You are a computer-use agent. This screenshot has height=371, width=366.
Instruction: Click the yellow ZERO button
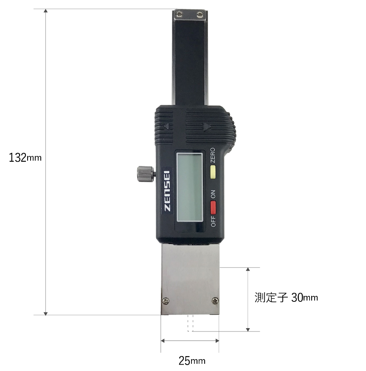click(x=213, y=172)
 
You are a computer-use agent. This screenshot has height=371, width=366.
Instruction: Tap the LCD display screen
click(x=190, y=187)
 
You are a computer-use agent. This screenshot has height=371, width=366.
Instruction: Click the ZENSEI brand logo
click(x=167, y=191)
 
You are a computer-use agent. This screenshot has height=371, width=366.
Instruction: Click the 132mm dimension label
click(x=25, y=157)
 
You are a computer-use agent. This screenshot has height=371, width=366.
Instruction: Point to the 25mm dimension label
click(x=192, y=360)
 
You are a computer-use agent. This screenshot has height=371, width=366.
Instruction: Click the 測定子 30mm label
click(x=286, y=298)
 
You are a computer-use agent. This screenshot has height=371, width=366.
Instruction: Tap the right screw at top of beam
click(x=200, y=15)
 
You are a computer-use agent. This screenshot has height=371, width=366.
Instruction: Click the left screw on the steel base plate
click(x=166, y=301)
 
